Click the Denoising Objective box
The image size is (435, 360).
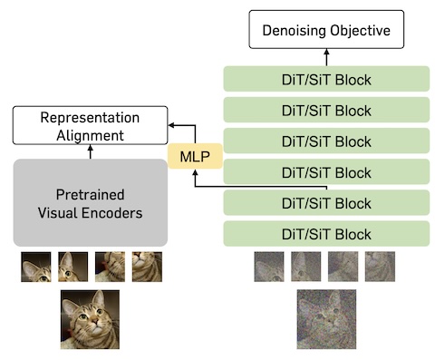(326, 29)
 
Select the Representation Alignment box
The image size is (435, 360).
(90, 125)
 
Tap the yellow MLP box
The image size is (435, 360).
(195, 156)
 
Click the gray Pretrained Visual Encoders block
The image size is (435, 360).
(91, 202)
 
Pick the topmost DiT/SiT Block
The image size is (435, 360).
(326, 79)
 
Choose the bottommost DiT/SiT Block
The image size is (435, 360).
(326, 234)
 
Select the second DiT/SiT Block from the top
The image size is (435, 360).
(326, 110)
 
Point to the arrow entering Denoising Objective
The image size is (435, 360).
(326, 57)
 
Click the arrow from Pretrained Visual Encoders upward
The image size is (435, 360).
(91, 151)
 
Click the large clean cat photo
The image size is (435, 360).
(90, 319)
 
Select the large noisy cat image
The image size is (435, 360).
(326, 319)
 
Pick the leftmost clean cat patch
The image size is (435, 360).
(36, 267)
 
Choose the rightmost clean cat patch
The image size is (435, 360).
(147, 267)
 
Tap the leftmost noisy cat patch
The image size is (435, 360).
(269, 267)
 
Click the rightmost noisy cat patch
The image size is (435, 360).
(380, 267)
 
